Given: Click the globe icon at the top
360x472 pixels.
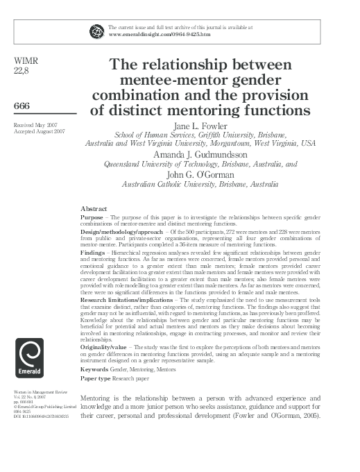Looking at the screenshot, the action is point(95,31).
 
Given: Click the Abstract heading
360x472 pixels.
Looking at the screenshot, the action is point(94,208).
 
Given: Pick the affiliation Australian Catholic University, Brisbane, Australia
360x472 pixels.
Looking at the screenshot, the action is point(200,185).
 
